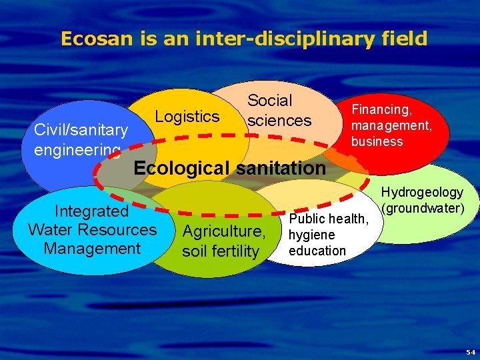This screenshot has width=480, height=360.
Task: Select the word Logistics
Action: click(187, 117)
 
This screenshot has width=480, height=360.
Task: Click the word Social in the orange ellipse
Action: click(269, 101)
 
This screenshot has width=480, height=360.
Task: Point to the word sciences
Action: click(279, 121)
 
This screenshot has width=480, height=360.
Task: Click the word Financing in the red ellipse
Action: click(382, 109)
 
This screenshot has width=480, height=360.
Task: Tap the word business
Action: click(377, 141)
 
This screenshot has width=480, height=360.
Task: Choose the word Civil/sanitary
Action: click(81, 130)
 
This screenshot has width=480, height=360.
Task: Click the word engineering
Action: click(77, 150)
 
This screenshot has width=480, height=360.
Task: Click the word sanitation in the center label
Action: click(281, 168)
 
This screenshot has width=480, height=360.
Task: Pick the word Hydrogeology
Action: click(422, 193)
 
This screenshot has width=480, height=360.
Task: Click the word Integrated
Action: click(91, 211)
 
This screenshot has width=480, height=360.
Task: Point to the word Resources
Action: click(123, 230)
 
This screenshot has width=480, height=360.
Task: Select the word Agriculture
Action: click(224, 232)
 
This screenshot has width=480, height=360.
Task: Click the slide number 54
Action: click(471, 351)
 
